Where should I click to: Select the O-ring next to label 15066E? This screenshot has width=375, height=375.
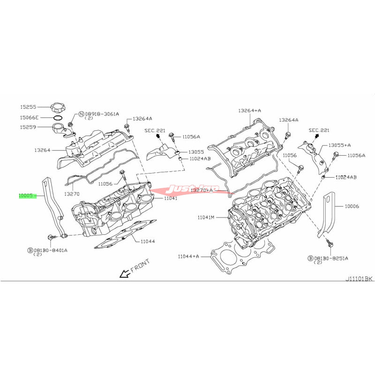click(x=58, y=118)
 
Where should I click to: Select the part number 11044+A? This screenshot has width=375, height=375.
click(x=189, y=256)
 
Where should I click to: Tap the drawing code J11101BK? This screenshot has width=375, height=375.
click(x=359, y=278)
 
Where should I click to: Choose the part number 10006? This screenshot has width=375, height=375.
click(x=352, y=205)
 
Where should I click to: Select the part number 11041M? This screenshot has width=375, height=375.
click(x=206, y=217)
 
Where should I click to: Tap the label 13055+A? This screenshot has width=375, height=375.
click(x=340, y=145)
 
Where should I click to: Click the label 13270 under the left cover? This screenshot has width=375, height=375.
click(x=72, y=193)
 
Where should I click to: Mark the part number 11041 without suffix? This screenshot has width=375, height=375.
click(x=171, y=199)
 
